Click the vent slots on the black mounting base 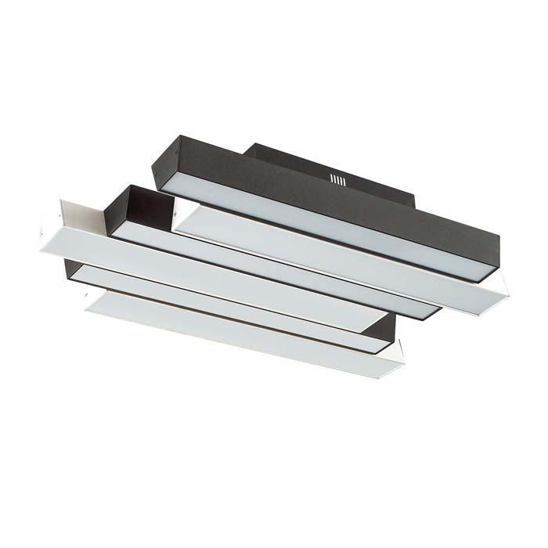[x=337, y=180]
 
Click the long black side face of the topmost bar [x=329, y=196]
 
